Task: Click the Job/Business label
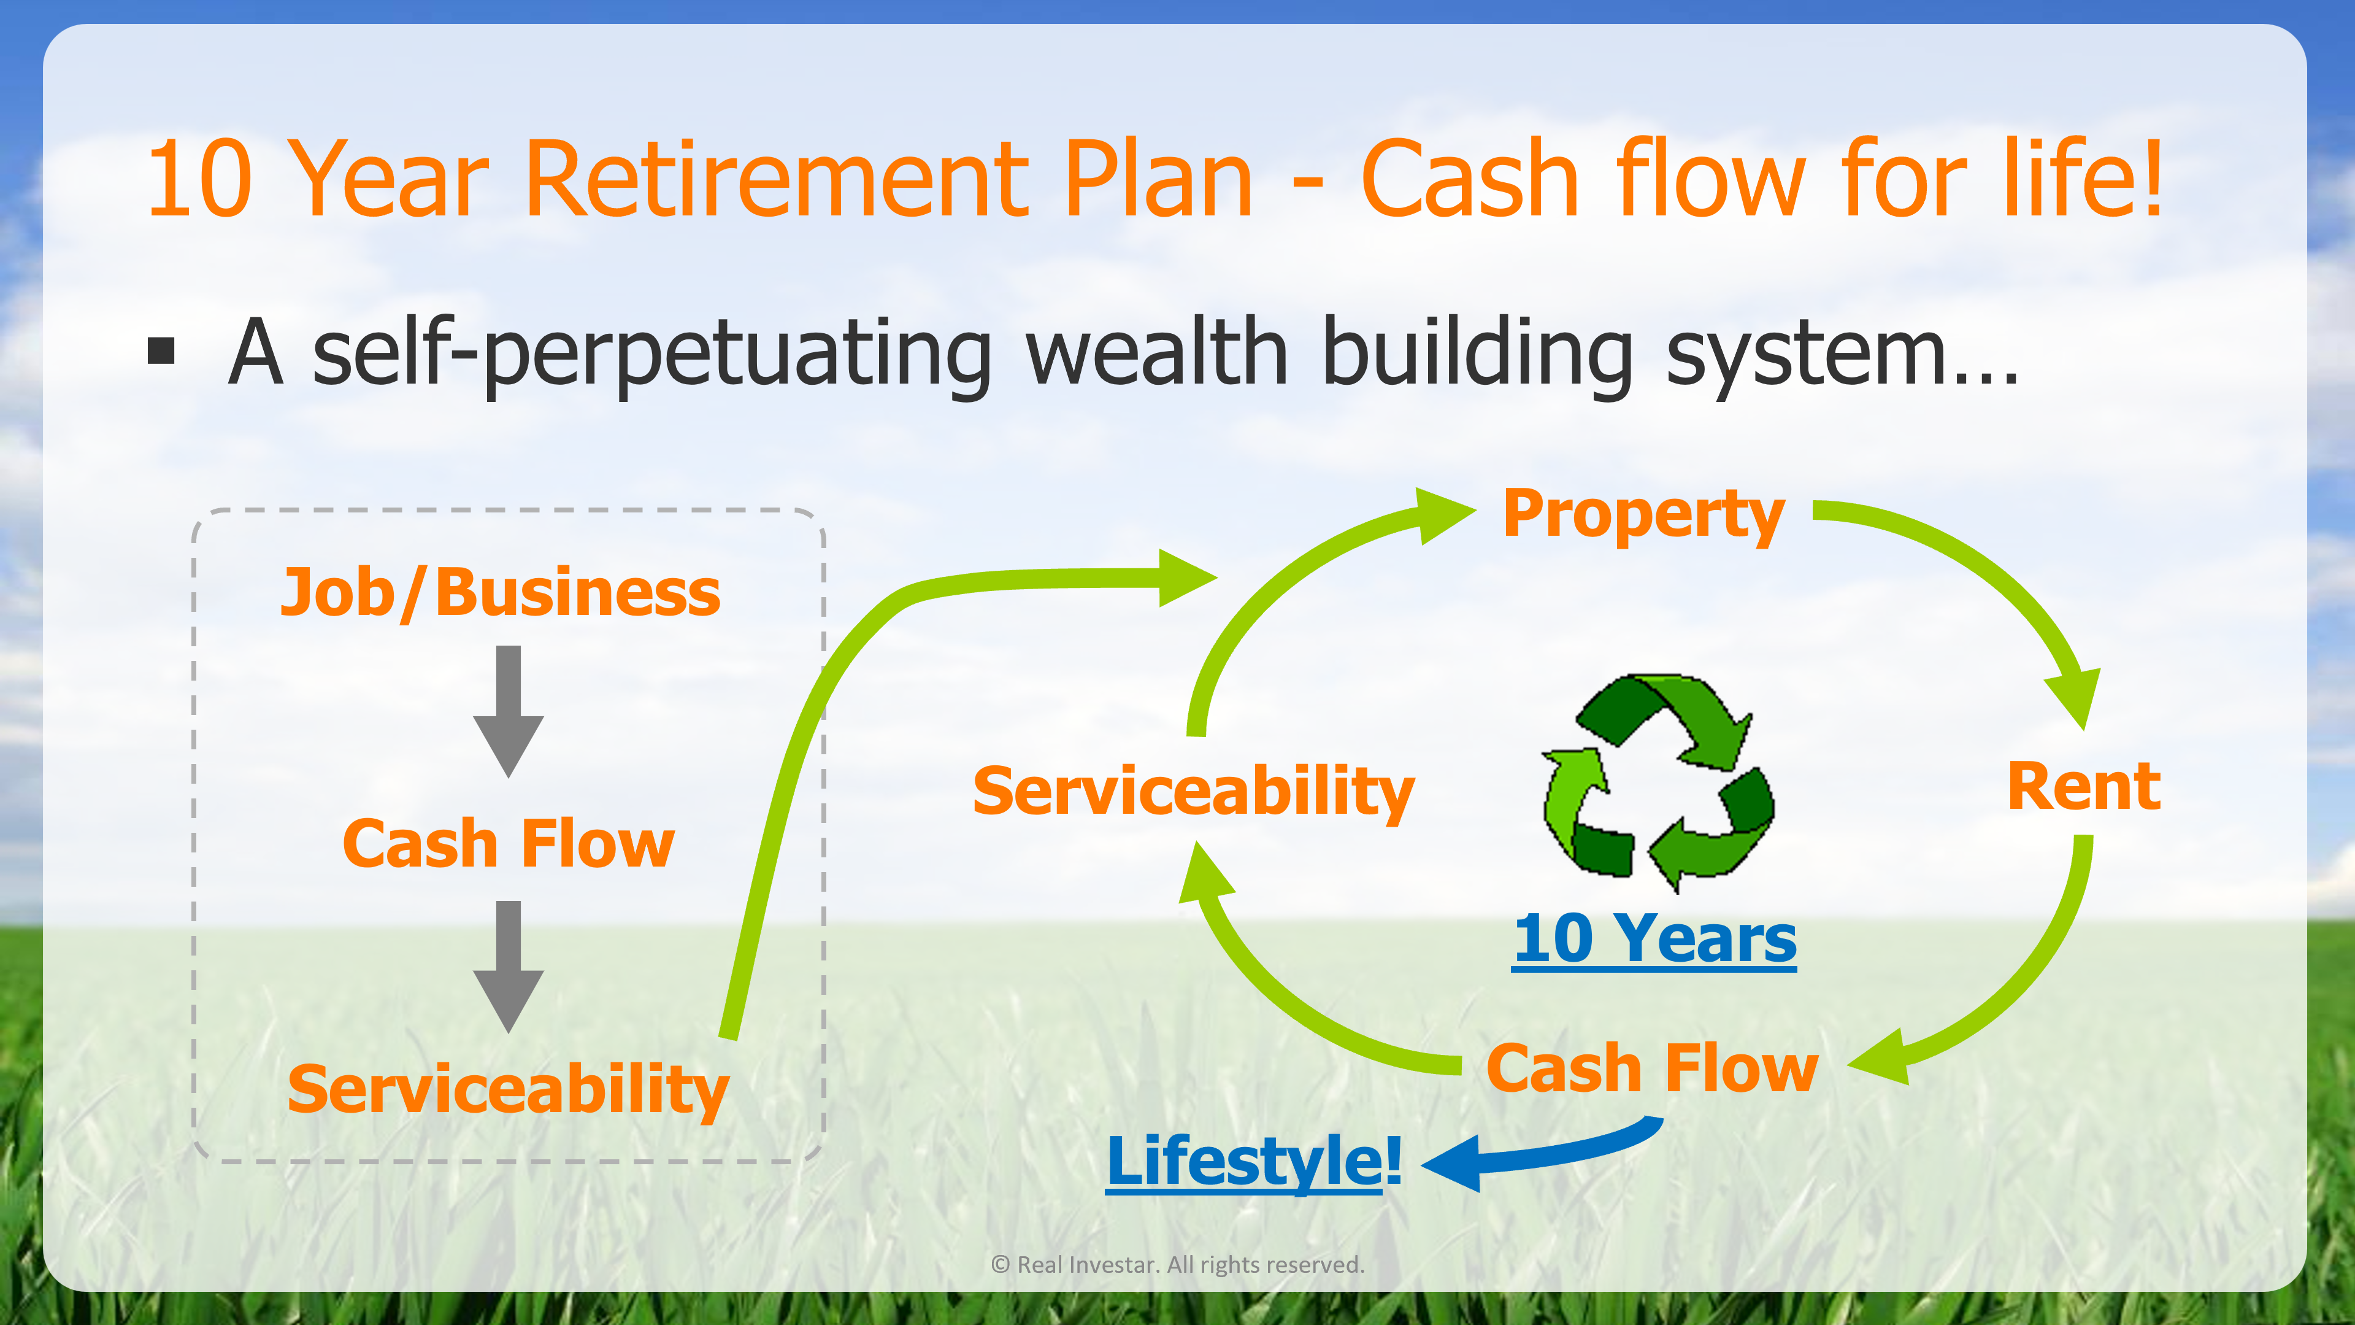pyautogui.click(x=500, y=593)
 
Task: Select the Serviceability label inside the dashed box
pyautogui.click(x=509, y=1089)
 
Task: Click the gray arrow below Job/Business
pyautogui.click(x=509, y=711)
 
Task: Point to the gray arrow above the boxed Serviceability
pyautogui.click(x=509, y=967)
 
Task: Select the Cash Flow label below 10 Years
pyautogui.click(x=1652, y=1067)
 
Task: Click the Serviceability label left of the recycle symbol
pyautogui.click(x=1193, y=791)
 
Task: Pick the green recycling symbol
pyautogui.click(x=1658, y=782)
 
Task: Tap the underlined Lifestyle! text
pyautogui.click(x=1253, y=1161)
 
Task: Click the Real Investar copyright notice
pyautogui.click(x=1178, y=1265)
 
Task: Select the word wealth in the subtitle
pyautogui.click(x=1158, y=352)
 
